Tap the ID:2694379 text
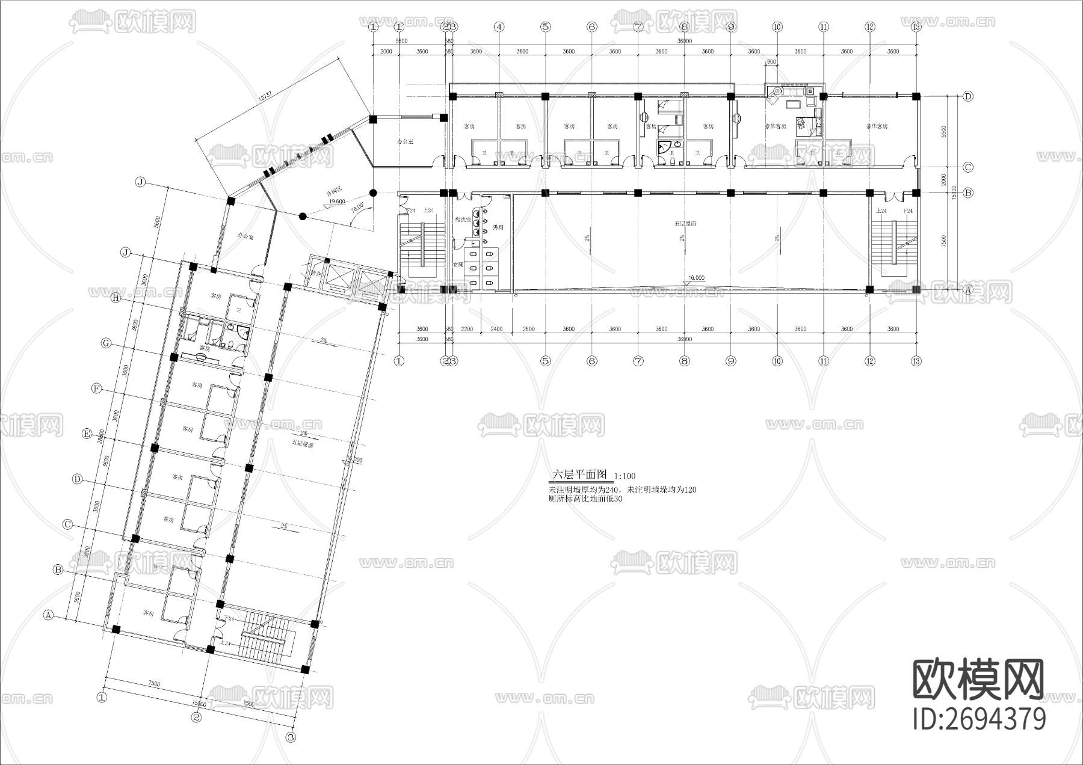coord(979,719)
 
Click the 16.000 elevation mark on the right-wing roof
coord(696,278)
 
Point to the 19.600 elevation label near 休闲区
coord(337,202)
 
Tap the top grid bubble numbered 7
coord(638,27)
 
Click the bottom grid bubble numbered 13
coord(916,361)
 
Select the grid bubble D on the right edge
coord(968,96)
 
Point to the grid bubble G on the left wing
coord(106,343)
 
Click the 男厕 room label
coord(498,227)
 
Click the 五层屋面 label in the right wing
coord(685,224)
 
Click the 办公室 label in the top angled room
coord(406,142)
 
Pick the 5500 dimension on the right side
coord(944,131)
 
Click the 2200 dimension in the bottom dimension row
coord(467,329)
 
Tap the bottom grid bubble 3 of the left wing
coord(291,737)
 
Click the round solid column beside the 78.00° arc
coord(373,193)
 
